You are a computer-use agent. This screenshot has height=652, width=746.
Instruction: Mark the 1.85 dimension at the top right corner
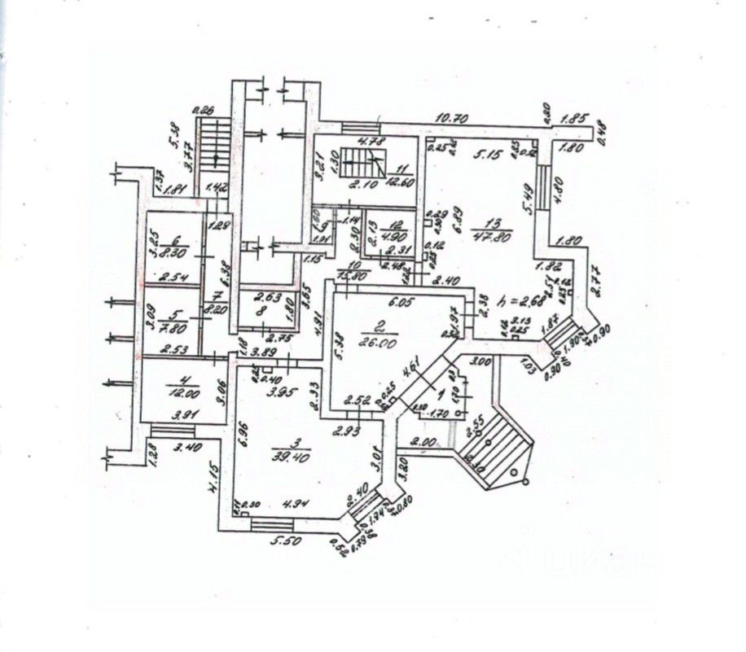(x=576, y=118)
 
